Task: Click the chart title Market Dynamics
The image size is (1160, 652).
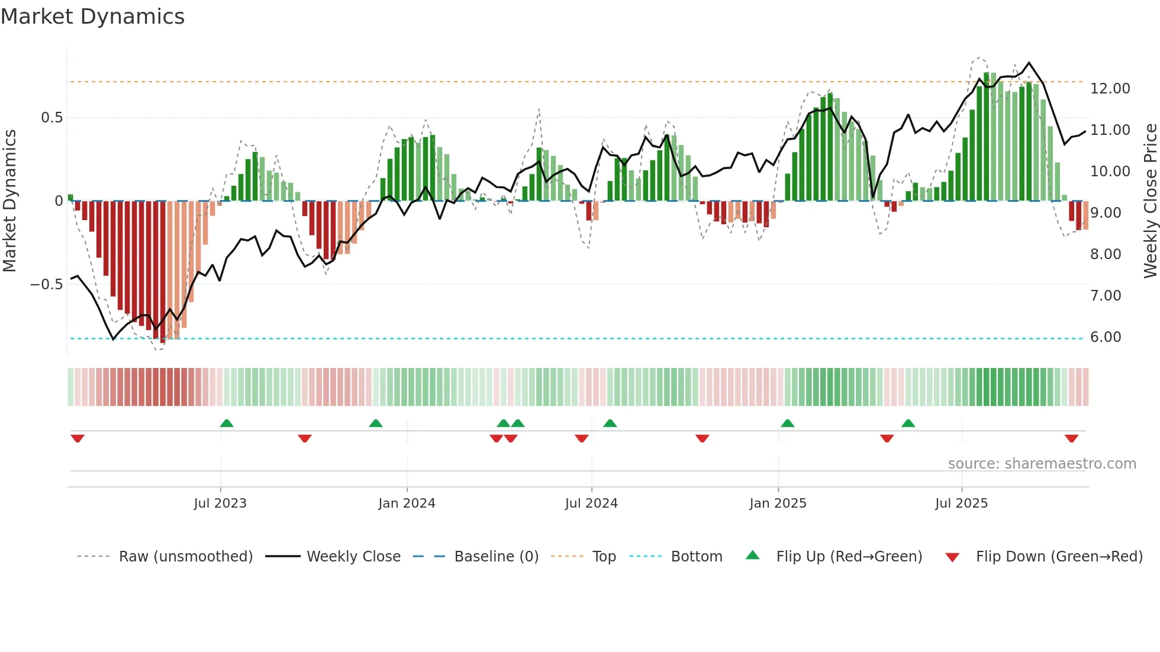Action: tap(92, 17)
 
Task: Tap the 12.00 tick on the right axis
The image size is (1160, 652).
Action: tap(1110, 89)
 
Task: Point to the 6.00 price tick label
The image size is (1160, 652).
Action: tap(1106, 337)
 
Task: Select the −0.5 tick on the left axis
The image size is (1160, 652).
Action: tap(46, 285)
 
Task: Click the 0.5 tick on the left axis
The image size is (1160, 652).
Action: tap(51, 118)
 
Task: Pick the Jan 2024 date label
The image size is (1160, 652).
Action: tap(407, 503)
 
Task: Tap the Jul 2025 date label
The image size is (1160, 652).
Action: tap(961, 503)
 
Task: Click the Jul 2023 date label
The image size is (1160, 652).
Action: tap(220, 503)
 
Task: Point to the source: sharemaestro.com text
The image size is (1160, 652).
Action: tap(1042, 464)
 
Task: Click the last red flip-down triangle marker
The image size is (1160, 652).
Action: tap(1071, 438)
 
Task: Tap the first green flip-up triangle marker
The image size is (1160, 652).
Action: tap(227, 423)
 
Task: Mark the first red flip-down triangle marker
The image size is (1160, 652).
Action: tap(78, 438)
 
